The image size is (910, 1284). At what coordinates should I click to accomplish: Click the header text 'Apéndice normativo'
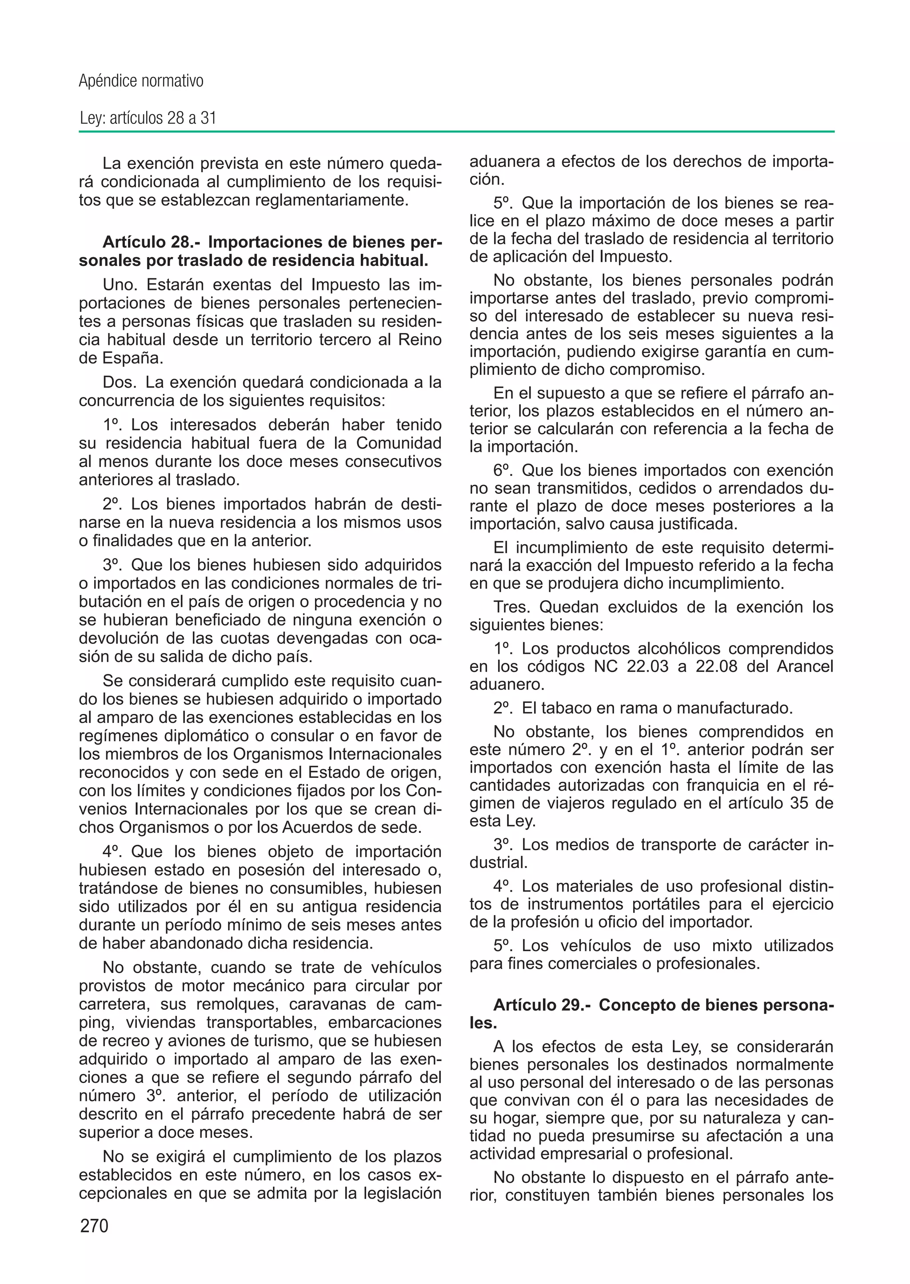pyautogui.click(x=141, y=81)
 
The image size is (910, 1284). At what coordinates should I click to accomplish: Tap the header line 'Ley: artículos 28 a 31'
pyautogui.click(x=148, y=118)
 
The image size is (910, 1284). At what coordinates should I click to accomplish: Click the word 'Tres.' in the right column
pyautogui.click(x=512, y=607)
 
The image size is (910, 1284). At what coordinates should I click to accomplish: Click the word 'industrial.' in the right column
pyautogui.click(x=499, y=862)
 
